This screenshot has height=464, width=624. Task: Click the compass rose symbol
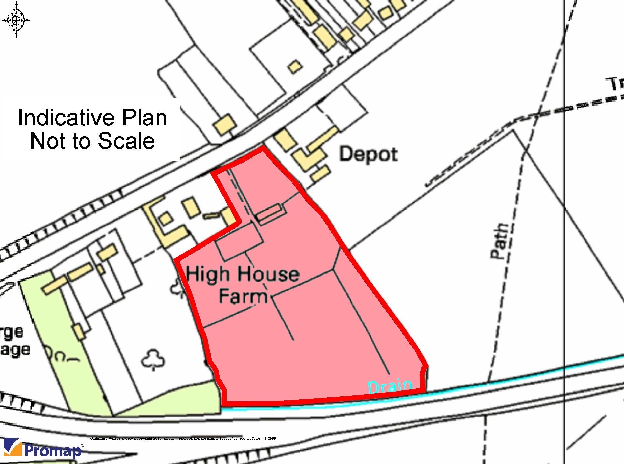(x=16, y=20)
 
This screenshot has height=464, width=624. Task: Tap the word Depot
(x=368, y=154)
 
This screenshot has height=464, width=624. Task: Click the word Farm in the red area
(x=243, y=297)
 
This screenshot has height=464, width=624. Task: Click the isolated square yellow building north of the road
(x=295, y=66)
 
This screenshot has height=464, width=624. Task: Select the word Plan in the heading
(x=144, y=118)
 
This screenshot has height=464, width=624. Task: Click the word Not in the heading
(x=48, y=141)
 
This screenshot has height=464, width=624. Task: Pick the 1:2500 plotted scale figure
(x=270, y=438)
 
